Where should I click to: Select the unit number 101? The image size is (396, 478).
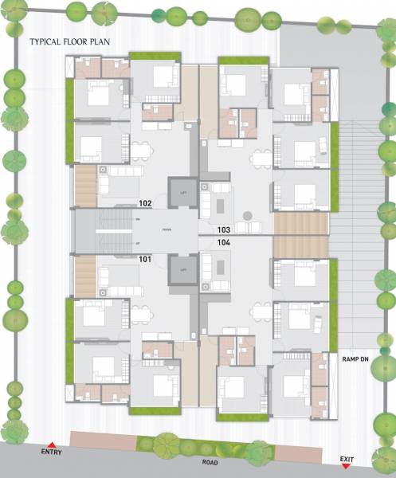(x=145, y=259)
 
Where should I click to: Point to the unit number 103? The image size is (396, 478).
(x=224, y=229)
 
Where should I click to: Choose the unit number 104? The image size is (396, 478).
(x=224, y=241)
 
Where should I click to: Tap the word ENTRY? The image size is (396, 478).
(x=51, y=453)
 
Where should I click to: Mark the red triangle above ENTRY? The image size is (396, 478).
(x=51, y=445)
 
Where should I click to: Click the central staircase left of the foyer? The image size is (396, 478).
(x=104, y=231)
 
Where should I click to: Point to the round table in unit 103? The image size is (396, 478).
(x=249, y=215)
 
